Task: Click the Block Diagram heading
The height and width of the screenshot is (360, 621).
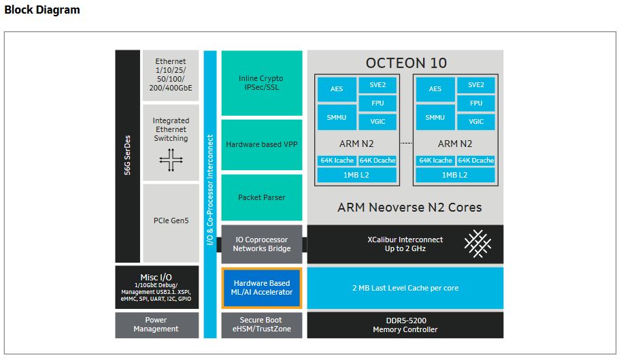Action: pos(42,10)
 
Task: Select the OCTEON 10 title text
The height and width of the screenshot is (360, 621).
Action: pos(406,63)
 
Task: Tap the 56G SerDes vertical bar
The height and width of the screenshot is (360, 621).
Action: pos(127,156)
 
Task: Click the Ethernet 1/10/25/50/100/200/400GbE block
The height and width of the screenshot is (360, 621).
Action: pos(170,75)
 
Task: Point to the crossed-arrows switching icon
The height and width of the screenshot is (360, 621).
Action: pos(170,159)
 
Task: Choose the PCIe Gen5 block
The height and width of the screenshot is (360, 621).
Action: pos(170,220)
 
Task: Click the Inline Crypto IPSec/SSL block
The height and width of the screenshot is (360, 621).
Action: pos(262,82)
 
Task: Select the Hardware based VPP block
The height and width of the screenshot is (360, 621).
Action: pos(262,145)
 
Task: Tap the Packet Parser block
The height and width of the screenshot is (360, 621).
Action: pos(262,197)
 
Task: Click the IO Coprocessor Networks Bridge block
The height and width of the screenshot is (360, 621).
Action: pos(262,244)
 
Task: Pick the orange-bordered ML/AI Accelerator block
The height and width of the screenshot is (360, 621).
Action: pos(262,288)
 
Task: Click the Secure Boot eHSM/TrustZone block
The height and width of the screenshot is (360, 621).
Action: pos(262,325)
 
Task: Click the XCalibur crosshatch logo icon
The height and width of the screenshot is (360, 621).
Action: pos(477,244)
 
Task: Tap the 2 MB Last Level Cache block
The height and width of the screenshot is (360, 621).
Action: pos(405,288)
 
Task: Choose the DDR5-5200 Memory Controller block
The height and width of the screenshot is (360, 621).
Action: pos(405,325)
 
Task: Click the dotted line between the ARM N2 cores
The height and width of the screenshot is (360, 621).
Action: pos(406,144)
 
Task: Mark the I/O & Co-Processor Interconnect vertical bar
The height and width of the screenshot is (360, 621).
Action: pos(210,194)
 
